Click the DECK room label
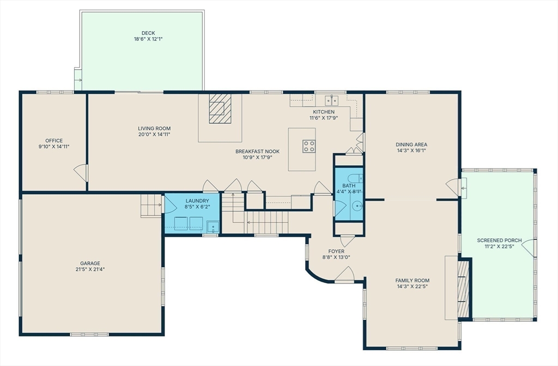click(148, 33)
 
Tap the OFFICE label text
click(54, 140)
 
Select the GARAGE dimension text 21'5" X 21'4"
click(90, 269)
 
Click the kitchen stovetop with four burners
click(309, 146)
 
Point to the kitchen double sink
click(332, 100)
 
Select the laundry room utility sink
click(213, 227)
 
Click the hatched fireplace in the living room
click(220, 109)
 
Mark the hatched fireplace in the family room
click(463, 289)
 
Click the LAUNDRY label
click(197, 201)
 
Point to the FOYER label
click(336, 251)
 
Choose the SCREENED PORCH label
click(499, 240)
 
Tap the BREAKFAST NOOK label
click(257, 152)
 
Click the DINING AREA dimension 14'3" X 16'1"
click(411, 151)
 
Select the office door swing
click(81, 172)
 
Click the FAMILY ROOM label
click(412, 280)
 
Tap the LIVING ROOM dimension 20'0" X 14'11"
click(154, 134)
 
